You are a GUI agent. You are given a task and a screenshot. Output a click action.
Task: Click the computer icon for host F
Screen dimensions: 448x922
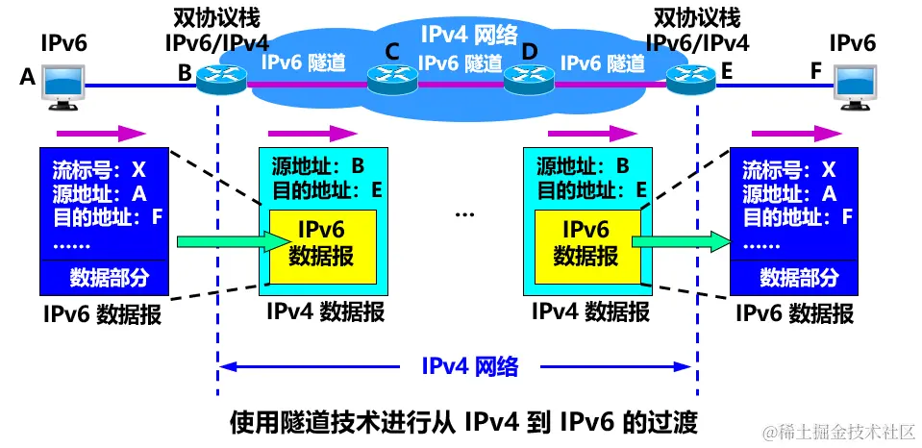[857, 87]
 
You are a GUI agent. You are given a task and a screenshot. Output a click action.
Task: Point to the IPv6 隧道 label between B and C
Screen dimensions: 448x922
[297, 62]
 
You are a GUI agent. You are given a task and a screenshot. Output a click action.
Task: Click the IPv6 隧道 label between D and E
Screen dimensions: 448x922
[603, 62]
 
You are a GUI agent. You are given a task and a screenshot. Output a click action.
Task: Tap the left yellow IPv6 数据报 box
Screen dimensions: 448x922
[322, 245]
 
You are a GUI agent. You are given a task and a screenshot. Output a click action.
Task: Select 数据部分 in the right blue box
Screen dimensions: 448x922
[798, 279]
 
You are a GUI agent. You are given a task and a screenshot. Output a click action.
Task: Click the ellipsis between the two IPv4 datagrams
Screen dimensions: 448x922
[465, 214]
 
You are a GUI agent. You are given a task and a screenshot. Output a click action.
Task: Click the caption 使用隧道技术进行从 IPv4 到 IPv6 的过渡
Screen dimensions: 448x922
[461, 421]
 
